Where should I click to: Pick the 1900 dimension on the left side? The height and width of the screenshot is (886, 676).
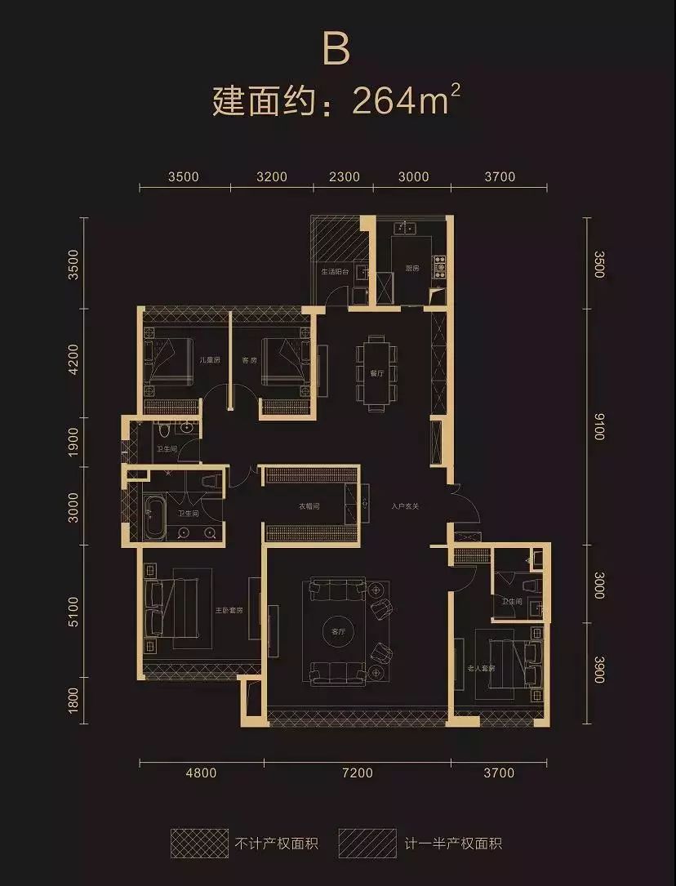pyautogui.click(x=73, y=442)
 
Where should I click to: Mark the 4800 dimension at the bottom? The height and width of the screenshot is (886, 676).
pyautogui.click(x=202, y=772)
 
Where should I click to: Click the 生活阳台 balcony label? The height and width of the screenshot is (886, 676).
pyautogui.click(x=335, y=271)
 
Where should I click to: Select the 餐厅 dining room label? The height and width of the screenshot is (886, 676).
pyautogui.click(x=376, y=373)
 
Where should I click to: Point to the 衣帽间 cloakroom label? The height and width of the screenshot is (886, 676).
pyautogui.click(x=309, y=506)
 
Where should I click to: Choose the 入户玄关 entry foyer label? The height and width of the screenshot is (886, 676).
pyautogui.click(x=404, y=506)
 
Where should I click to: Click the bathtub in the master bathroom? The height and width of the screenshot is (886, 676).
pyautogui.click(x=153, y=518)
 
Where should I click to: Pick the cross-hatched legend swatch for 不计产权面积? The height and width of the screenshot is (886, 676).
pyautogui.click(x=198, y=841)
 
